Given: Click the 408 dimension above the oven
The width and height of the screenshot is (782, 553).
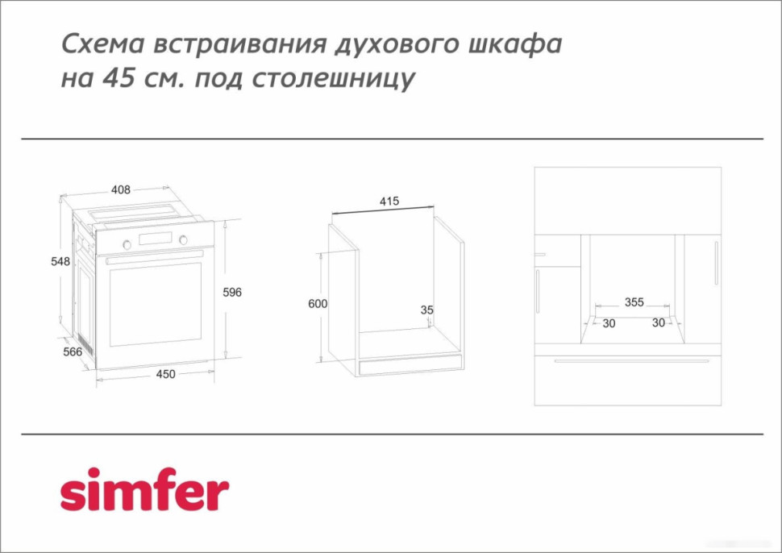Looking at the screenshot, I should [120, 190].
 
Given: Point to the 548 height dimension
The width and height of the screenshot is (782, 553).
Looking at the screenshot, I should [60, 262].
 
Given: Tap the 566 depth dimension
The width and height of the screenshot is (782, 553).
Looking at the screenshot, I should [73, 352].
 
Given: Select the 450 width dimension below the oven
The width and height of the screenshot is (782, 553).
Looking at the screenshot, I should [165, 373].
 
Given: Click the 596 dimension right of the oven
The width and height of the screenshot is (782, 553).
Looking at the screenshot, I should [232, 292].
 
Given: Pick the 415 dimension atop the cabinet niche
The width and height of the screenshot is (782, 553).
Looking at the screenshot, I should [389, 202].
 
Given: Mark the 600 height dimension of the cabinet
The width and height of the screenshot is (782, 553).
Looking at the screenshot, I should [318, 304].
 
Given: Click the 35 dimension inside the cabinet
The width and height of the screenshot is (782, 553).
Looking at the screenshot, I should [427, 310].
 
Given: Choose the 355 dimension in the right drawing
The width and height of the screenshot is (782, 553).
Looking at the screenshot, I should [634, 302].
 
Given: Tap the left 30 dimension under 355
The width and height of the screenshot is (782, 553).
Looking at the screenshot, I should [609, 323].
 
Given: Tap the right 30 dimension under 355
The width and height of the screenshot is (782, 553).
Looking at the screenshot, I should [658, 323].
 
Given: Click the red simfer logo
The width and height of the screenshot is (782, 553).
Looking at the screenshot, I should [144, 489].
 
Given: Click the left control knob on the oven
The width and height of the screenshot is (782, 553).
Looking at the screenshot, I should [127, 242].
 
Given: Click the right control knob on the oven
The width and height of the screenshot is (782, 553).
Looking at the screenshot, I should [183, 239].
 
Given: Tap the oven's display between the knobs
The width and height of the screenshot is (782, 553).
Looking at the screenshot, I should [156, 240].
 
